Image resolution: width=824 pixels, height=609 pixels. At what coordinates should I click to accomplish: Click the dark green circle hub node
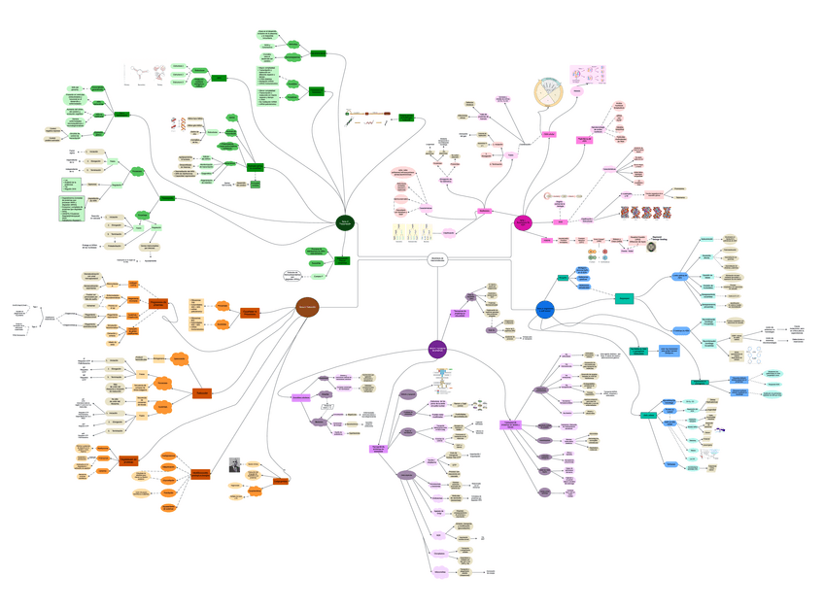[345, 223]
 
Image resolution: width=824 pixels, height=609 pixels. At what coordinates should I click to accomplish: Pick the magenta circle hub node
[523, 223]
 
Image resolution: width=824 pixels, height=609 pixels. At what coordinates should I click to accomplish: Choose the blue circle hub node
[544, 310]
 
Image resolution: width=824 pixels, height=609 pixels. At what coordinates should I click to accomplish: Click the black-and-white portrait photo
[234, 465]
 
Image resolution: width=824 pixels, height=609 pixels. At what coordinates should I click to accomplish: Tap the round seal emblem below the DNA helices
[652, 249]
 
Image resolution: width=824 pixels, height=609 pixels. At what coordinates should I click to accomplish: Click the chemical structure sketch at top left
[142, 76]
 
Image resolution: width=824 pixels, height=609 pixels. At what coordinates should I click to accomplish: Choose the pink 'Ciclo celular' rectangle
[548, 134]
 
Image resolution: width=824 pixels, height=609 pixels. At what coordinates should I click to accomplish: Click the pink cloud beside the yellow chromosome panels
[449, 231]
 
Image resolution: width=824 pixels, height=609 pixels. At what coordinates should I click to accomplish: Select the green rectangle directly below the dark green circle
[343, 260]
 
